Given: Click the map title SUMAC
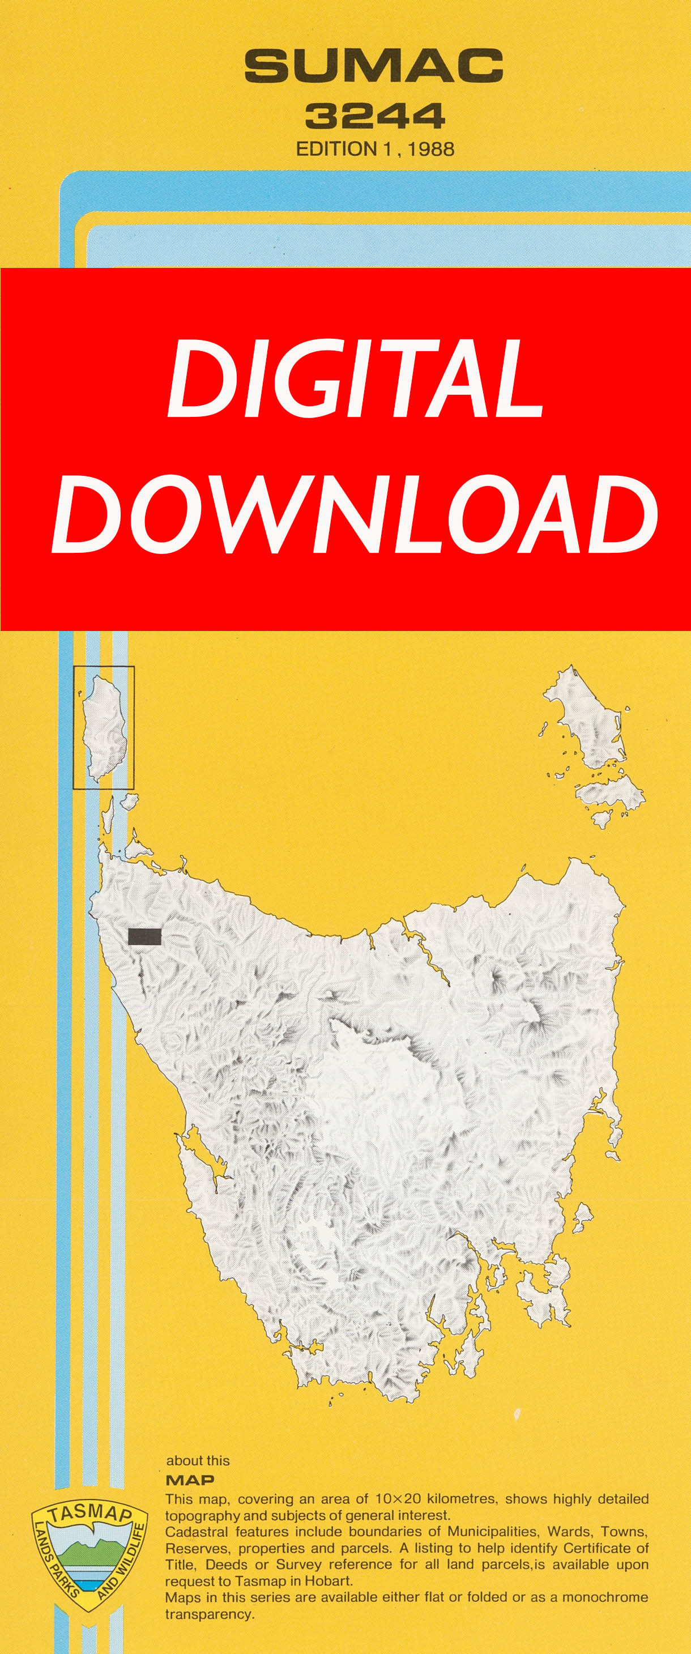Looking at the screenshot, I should [373, 66].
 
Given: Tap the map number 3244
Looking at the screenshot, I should [374, 116].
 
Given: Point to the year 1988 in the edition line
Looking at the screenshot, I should [430, 149].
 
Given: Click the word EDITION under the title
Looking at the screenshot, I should [336, 149].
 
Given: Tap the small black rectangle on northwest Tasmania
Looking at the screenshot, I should [144, 937].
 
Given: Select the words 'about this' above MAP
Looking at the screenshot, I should [198, 1460].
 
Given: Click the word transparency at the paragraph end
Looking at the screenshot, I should [208, 1614].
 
